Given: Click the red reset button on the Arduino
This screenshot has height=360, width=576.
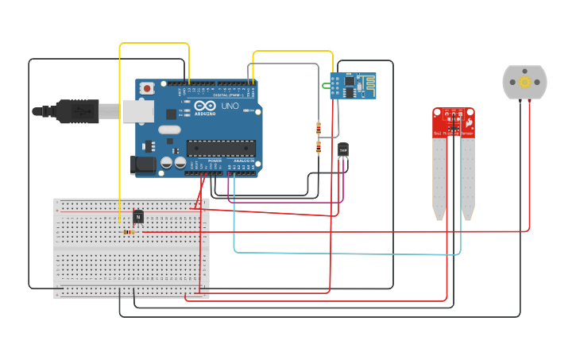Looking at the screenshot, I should [x=146, y=91].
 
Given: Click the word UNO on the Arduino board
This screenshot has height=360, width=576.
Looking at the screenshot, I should [x=230, y=106].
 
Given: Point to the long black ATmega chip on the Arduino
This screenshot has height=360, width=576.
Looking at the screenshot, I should [x=221, y=149].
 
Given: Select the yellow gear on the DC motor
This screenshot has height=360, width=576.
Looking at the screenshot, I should [x=524, y=82].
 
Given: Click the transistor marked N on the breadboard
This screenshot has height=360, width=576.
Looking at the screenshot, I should [x=138, y=216].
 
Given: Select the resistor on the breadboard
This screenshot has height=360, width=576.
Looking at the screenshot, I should [x=129, y=232].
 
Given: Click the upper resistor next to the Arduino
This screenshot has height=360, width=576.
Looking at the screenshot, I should [x=319, y=128].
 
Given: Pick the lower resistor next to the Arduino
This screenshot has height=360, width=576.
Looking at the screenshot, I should [x=319, y=146].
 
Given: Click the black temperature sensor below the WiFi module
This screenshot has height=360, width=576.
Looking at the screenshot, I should [x=343, y=149].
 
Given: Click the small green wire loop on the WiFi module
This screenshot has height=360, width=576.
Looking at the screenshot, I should [x=325, y=85].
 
